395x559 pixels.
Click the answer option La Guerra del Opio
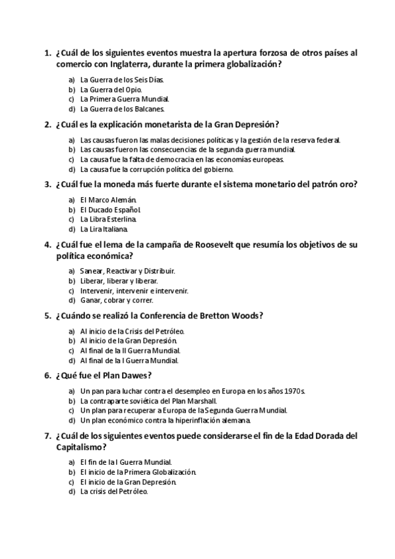point(111,89)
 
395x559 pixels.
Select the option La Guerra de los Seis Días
point(121,80)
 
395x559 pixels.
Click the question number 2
point(47,124)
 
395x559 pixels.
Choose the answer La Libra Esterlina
point(108,219)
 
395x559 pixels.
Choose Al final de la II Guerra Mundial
point(130,351)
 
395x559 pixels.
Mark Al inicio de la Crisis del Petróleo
point(132,331)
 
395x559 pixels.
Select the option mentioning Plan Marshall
point(148,400)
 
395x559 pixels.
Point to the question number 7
point(47,436)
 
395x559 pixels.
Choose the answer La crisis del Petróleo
point(113,491)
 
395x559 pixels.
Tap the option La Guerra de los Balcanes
point(122,109)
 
